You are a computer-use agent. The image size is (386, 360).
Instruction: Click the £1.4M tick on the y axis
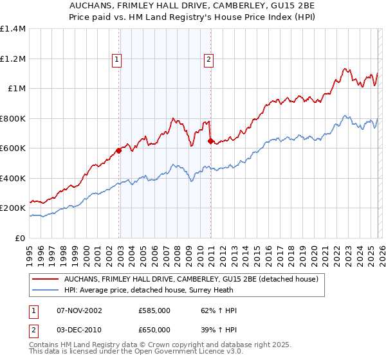click(13, 29)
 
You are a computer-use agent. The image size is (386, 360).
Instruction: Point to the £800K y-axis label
click(13, 118)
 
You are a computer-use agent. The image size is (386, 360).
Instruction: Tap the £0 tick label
click(19, 238)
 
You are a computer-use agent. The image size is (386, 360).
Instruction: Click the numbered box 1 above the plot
click(117, 60)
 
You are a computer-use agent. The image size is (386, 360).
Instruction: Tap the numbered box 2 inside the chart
click(209, 60)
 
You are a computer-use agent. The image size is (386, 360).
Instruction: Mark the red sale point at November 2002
click(118, 151)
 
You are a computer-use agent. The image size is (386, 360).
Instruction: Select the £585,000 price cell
click(154, 310)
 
